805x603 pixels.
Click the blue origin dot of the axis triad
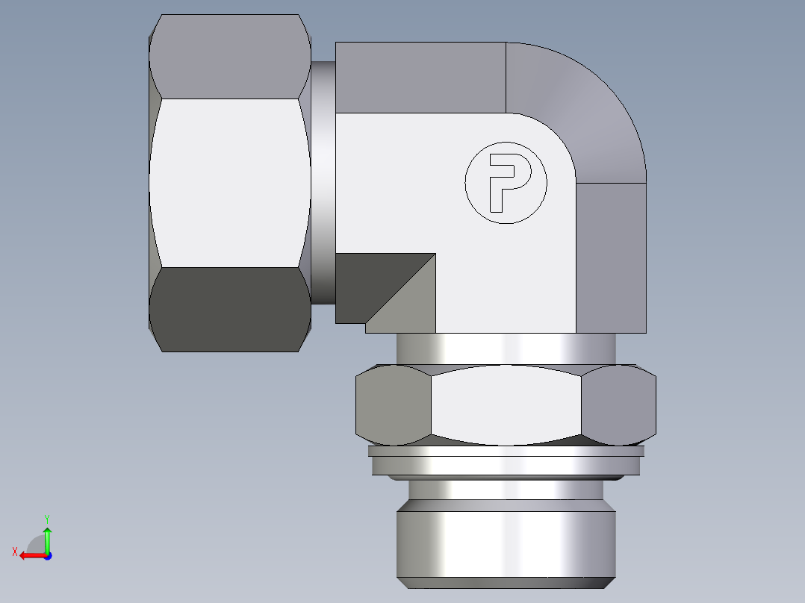click(x=47, y=556)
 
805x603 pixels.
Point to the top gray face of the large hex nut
click(x=229, y=57)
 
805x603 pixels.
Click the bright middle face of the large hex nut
click(x=229, y=183)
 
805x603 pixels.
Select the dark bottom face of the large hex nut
click(x=229, y=309)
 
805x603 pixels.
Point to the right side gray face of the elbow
click(x=610, y=257)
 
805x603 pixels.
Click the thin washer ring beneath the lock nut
click(x=506, y=452)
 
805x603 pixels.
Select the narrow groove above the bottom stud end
click(x=506, y=488)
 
